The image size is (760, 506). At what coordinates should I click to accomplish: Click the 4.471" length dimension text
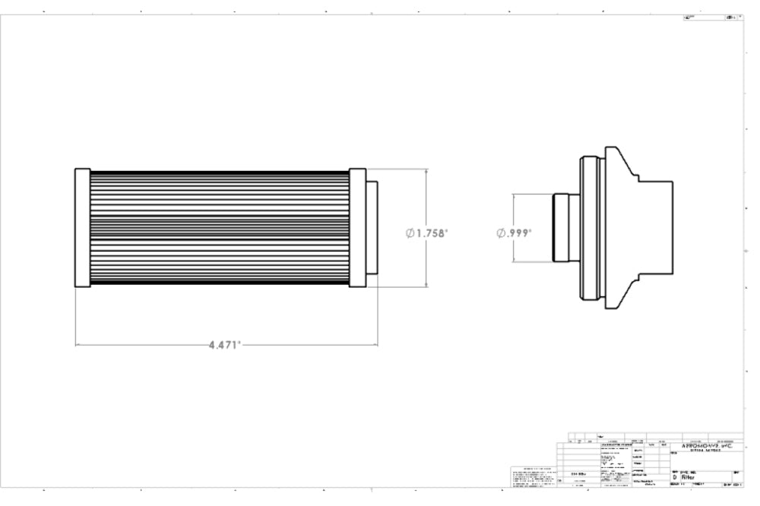click(x=225, y=344)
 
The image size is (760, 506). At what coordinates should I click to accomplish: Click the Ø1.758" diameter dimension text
click(x=427, y=232)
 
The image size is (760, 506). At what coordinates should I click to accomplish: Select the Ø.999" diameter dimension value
click(x=515, y=232)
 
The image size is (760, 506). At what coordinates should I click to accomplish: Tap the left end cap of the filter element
click(x=82, y=228)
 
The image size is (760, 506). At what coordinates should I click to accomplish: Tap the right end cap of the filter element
click(x=358, y=228)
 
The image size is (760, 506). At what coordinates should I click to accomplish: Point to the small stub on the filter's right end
click(x=372, y=228)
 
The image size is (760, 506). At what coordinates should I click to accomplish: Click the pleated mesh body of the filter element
click(x=220, y=228)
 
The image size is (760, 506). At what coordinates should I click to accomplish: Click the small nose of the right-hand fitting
click(x=563, y=228)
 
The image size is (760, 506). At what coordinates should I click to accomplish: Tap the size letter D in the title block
click(x=673, y=478)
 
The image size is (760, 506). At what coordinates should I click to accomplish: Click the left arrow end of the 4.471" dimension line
click(x=77, y=344)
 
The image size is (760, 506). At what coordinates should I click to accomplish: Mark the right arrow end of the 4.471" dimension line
click(x=377, y=344)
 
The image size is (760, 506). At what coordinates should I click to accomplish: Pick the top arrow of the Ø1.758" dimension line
click(x=426, y=170)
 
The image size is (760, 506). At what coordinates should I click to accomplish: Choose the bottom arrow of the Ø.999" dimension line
click(x=515, y=262)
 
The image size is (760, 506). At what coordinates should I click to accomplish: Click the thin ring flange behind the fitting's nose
click(x=584, y=228)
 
